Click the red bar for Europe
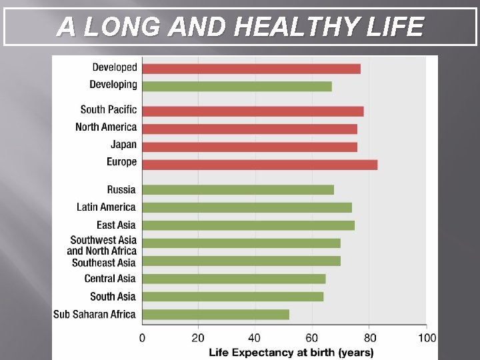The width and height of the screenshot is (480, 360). click(x=259, y=165)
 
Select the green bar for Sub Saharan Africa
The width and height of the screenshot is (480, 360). click(x=215, y=314)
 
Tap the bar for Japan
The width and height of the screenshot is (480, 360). click(x=249, y=147)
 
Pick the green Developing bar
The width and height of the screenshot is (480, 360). click(x=237, y=86)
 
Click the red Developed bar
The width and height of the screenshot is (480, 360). click(x=251, y=69)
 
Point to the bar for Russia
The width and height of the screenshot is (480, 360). click(x=237, y=190)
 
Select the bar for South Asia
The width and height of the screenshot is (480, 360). click(x=233, y=296)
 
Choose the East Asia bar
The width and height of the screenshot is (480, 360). click(x=248, y=225)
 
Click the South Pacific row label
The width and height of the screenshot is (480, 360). click(x=108, y=109)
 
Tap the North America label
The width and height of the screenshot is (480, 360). click(x=106, y=127)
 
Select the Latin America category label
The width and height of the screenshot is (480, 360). click(x=106, y=207)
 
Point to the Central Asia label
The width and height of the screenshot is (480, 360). click(x=110, y=279)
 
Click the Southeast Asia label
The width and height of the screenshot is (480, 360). click(x=103, y=263)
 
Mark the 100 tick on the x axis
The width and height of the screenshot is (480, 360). click(x=427, y=338)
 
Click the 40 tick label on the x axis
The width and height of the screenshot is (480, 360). click(x=255, y=338)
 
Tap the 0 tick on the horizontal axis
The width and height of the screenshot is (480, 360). click(x=142, y=338)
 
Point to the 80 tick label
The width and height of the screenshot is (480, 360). click(x=369, y=338)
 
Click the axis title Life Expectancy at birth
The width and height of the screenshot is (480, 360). click(x=291, y=352)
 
